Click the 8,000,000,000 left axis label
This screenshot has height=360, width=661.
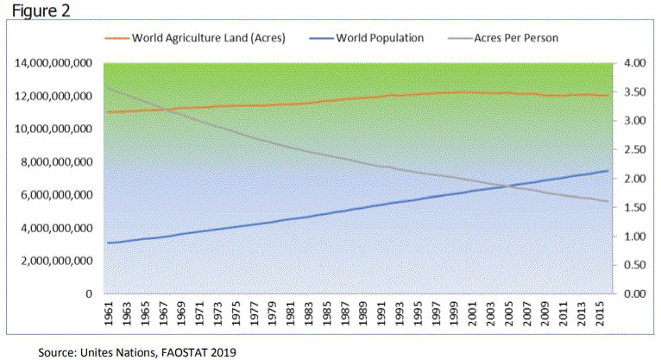pyautogui.click(x=56, y=162)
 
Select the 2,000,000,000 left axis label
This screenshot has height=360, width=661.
pyautogui.click(x=56, y=261)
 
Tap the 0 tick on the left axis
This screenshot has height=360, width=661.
pyautogui.click(x=89, y=294)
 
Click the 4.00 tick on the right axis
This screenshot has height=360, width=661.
pyautogui.click(x=633, y=64)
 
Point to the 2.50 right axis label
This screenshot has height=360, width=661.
pyautogui.click(x=633, y=150)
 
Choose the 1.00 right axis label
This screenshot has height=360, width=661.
pyautogui.click(x=633, y=237)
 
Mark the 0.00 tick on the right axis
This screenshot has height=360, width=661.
pyautogui.click(x=633, y=294)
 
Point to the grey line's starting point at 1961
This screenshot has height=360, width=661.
pyautogui.click(x=107, y=88)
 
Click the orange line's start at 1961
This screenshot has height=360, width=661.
pyautogui.click(x=107, y=112)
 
